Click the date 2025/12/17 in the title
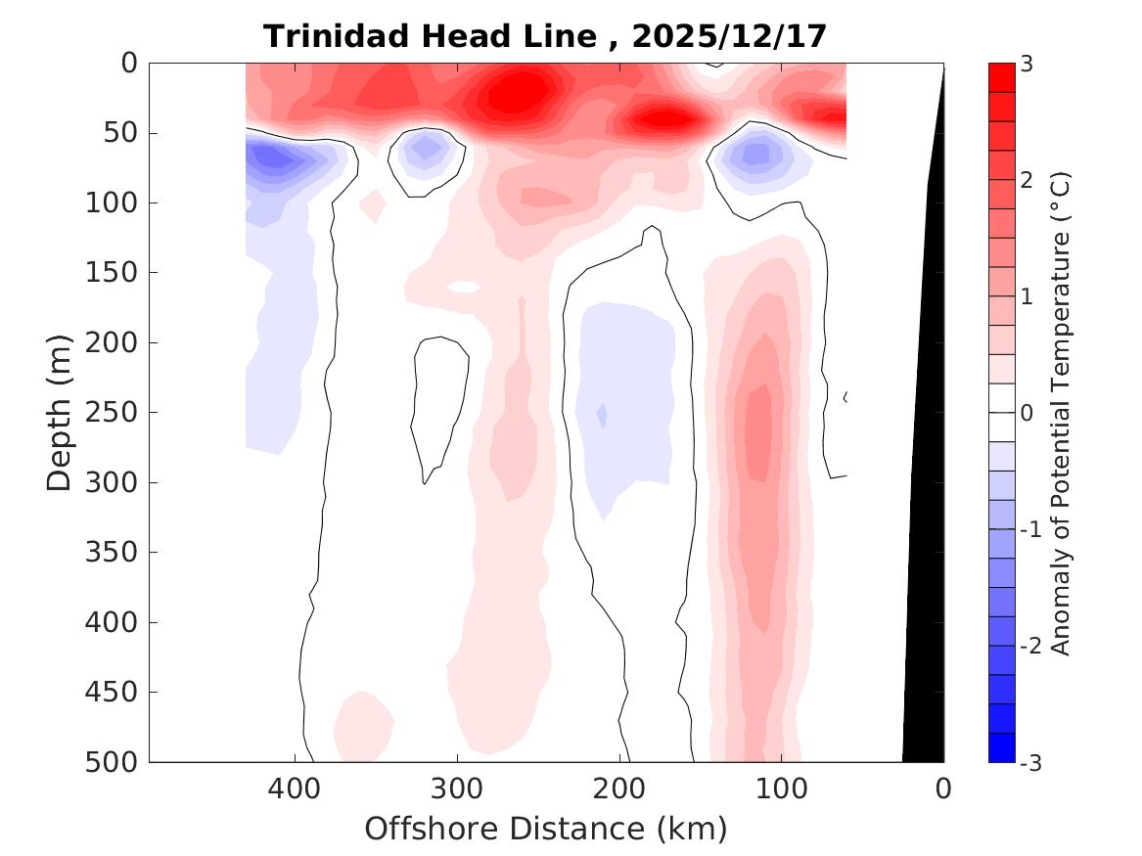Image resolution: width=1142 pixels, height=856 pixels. tap(729, 36)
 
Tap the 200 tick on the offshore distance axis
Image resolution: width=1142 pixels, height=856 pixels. tap(618, 788)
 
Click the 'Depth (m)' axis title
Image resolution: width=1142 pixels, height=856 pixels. tap(61, 412)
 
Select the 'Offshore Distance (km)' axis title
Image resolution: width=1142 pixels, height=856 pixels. tap(545, 830)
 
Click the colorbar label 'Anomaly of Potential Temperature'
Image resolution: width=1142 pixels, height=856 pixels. tap(1061, 412)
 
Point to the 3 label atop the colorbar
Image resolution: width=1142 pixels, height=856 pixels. tap(1026, 65)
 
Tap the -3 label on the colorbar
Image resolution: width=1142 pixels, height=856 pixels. tap(1029, 763)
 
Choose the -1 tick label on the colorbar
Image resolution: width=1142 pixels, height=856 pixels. tap(1029, 529)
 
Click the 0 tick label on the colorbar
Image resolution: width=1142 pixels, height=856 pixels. tap(1026, 413)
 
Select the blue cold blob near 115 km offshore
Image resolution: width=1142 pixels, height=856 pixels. tap(755, 154)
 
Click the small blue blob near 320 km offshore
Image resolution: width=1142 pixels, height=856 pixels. tap(426, 148)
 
